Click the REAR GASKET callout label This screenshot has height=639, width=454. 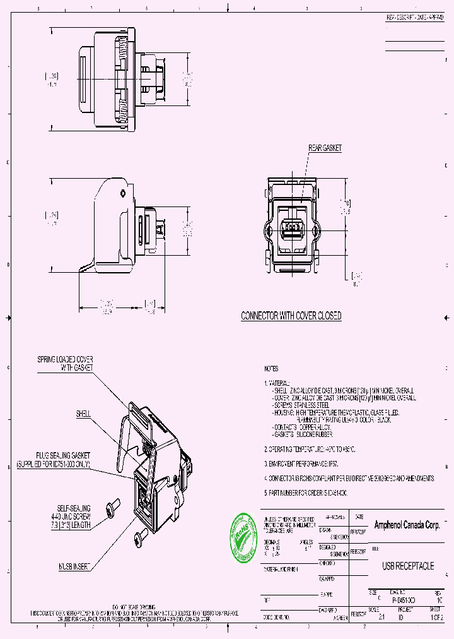(x=325, y=148)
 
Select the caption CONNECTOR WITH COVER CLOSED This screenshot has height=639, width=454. (x=291, y=316)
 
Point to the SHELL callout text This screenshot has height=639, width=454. (x=83, y=414)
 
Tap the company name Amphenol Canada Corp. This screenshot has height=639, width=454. (x=407, y=525)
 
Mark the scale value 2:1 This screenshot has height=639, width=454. (x=381, y=618)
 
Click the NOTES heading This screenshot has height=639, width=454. (x=271, y=368)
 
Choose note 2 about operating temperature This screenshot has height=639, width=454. (x=310, y=449)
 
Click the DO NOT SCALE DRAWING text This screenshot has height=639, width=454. (x=134, y=606)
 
